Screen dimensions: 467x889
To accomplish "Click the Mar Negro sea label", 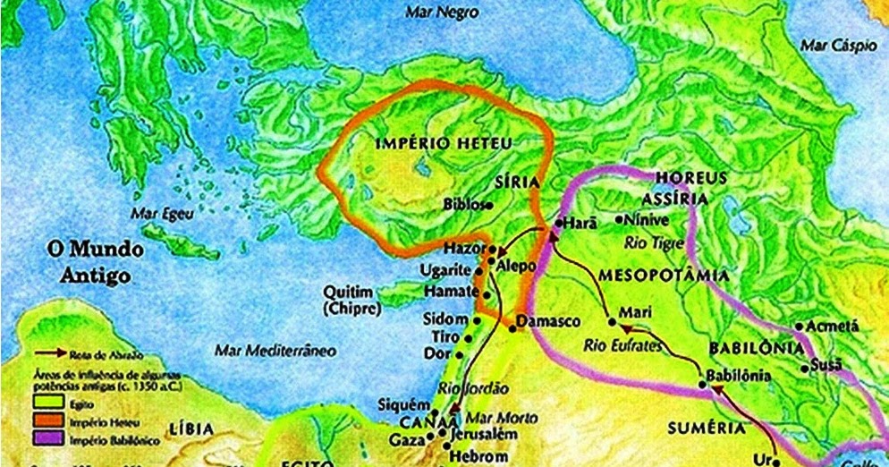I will pyautogui.click(x=442, y=13).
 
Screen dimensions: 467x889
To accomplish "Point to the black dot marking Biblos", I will pyautogui.click(x=489, y=205).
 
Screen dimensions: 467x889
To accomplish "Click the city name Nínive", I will pyautogui.click(x=645, y=217).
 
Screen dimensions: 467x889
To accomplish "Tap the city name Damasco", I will pyautogui.click(x=550, y=320).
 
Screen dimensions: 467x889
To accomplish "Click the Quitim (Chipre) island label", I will pyautogui.click(x=353, y=300).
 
